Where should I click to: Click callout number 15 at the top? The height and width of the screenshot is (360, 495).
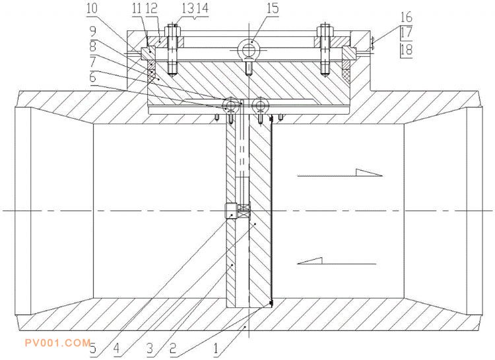click(273, 9)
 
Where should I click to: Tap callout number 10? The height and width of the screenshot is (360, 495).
click(92, 9)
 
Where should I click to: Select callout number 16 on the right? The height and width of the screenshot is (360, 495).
click(407, 17)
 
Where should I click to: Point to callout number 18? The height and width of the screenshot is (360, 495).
click(407, 50)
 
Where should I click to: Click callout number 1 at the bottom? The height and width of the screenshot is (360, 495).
click(216, 349)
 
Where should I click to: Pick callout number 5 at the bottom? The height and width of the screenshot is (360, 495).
click(93, 349)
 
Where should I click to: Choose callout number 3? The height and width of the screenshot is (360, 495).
click(150, 349)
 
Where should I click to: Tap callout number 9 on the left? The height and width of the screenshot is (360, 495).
click(92, 32)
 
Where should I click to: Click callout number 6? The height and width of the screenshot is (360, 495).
click(92, 77)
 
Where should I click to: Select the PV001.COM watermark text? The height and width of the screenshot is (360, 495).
click(58, 343)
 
